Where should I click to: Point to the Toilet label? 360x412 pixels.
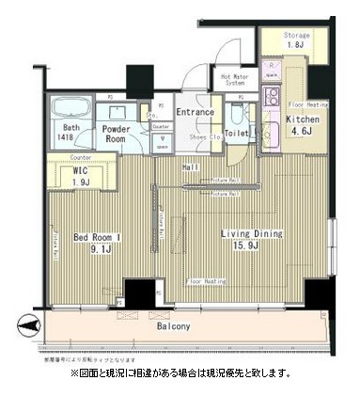(237, 135)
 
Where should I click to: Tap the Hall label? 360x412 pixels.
(191, 166)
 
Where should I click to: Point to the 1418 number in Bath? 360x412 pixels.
(70, 137)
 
